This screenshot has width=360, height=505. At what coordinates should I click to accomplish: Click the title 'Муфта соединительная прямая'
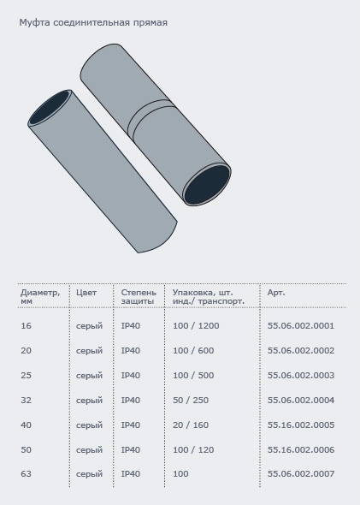coord(93,23)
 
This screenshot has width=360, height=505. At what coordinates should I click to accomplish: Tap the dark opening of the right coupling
coord(208,185)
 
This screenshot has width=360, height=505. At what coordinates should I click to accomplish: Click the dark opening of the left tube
coord(50,108)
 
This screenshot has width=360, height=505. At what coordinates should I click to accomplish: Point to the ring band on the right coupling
coord(150,120)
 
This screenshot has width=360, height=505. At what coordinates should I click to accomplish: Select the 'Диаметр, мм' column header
coord(40,297)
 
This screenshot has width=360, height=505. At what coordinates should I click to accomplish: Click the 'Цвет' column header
coord(86,293)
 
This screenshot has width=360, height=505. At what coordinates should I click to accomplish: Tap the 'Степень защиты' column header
coord(139,297)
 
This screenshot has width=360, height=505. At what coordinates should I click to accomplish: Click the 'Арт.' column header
coord(276,293)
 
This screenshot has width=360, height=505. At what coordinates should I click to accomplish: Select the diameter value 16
coord(26,325)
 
